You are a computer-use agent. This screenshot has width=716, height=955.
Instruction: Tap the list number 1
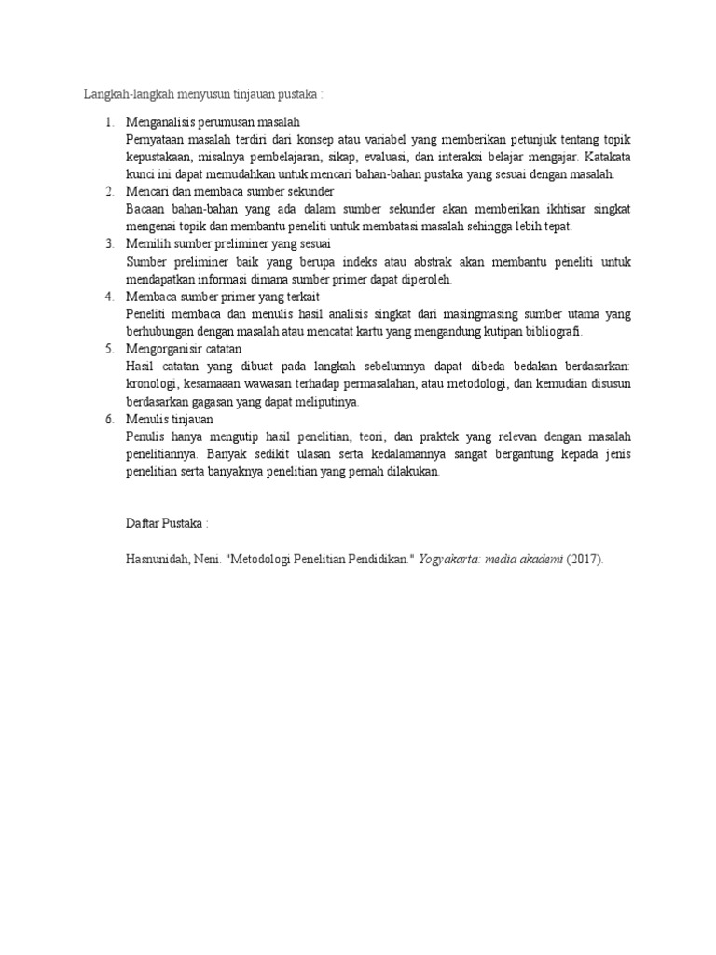pyautogui.click(x=108, y=123)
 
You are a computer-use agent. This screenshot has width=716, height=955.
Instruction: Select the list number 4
pyautogui.click(x=108, y=297)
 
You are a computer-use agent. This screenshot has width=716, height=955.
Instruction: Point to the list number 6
pyautogui.click(x=108, y=420)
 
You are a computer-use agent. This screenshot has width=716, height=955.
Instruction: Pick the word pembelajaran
pyautogui.click(x=255, y=158)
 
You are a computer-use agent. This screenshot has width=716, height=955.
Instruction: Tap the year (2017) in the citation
pyautogui.click(x=584, y=560)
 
